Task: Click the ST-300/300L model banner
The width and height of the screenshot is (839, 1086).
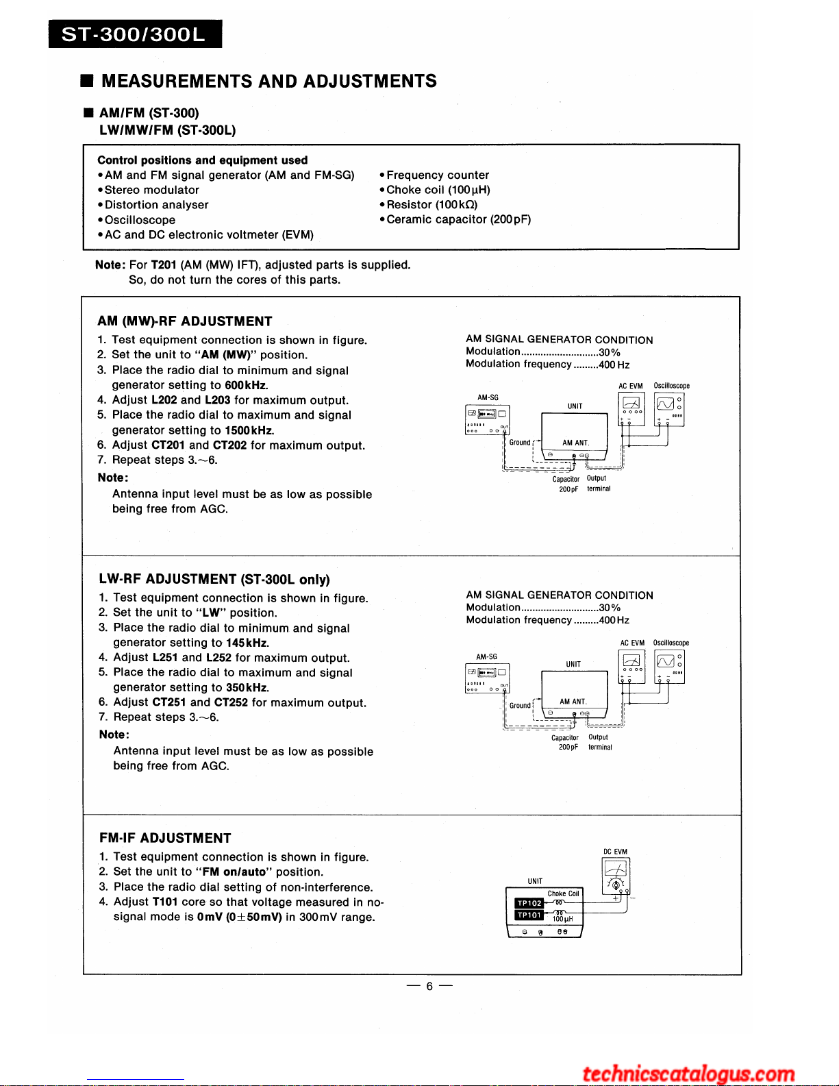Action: pos(135,34)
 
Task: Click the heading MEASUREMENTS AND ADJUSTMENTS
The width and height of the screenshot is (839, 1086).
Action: pos(268,82)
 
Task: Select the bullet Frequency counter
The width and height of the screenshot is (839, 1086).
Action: pos(438,175)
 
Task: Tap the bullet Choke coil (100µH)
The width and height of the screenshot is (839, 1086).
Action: pos(438,190)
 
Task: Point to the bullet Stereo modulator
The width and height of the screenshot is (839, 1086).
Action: pos(151,190)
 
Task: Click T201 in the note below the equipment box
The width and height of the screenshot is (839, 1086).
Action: pos(164,265)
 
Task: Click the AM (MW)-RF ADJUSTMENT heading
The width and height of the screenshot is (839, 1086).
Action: pos(185,321)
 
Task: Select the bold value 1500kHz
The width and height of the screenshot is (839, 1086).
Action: pos(249,430)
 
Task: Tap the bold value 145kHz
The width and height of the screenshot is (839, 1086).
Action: pos(247,643)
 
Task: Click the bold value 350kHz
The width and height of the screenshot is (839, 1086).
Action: pos(247,687)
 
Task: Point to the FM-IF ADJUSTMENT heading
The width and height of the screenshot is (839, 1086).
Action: pos(165,838)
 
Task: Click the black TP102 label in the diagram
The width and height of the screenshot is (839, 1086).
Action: pos(529,903)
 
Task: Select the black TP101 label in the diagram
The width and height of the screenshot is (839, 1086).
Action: pos(529,915)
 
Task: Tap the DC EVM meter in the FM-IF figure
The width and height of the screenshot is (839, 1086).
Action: pos(616,876)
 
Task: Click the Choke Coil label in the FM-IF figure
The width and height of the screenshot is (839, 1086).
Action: pos(563,893)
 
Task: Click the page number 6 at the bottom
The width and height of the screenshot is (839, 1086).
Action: pos(429,986)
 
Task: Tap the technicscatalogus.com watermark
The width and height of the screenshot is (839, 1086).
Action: pos(688,1073)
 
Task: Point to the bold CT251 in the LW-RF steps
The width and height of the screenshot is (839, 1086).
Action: pos(169,702)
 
